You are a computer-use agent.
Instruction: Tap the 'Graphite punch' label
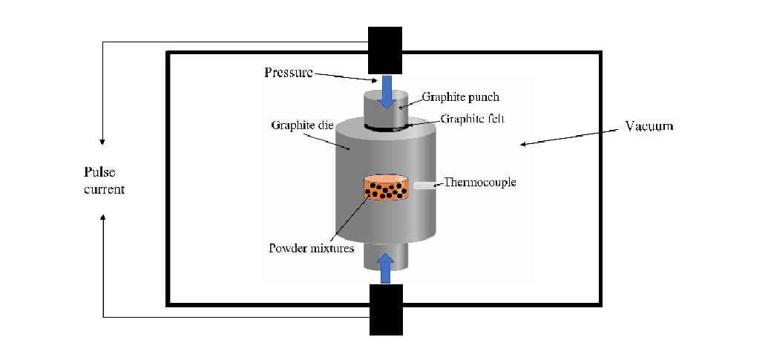tap(460, 96)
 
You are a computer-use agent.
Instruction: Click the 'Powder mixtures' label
tap(311, 248)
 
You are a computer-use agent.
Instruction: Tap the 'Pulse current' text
tap(105, 181)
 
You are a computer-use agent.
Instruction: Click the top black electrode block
tap(385, 50)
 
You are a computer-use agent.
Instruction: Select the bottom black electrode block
tap(385, 310)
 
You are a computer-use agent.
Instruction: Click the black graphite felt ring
tap(387, 131)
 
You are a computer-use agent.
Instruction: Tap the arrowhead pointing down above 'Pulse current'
tap(102, 141)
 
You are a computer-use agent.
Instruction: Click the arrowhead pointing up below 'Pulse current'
tap(102, 217)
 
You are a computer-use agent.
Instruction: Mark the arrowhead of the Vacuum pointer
tap(522, 144)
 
